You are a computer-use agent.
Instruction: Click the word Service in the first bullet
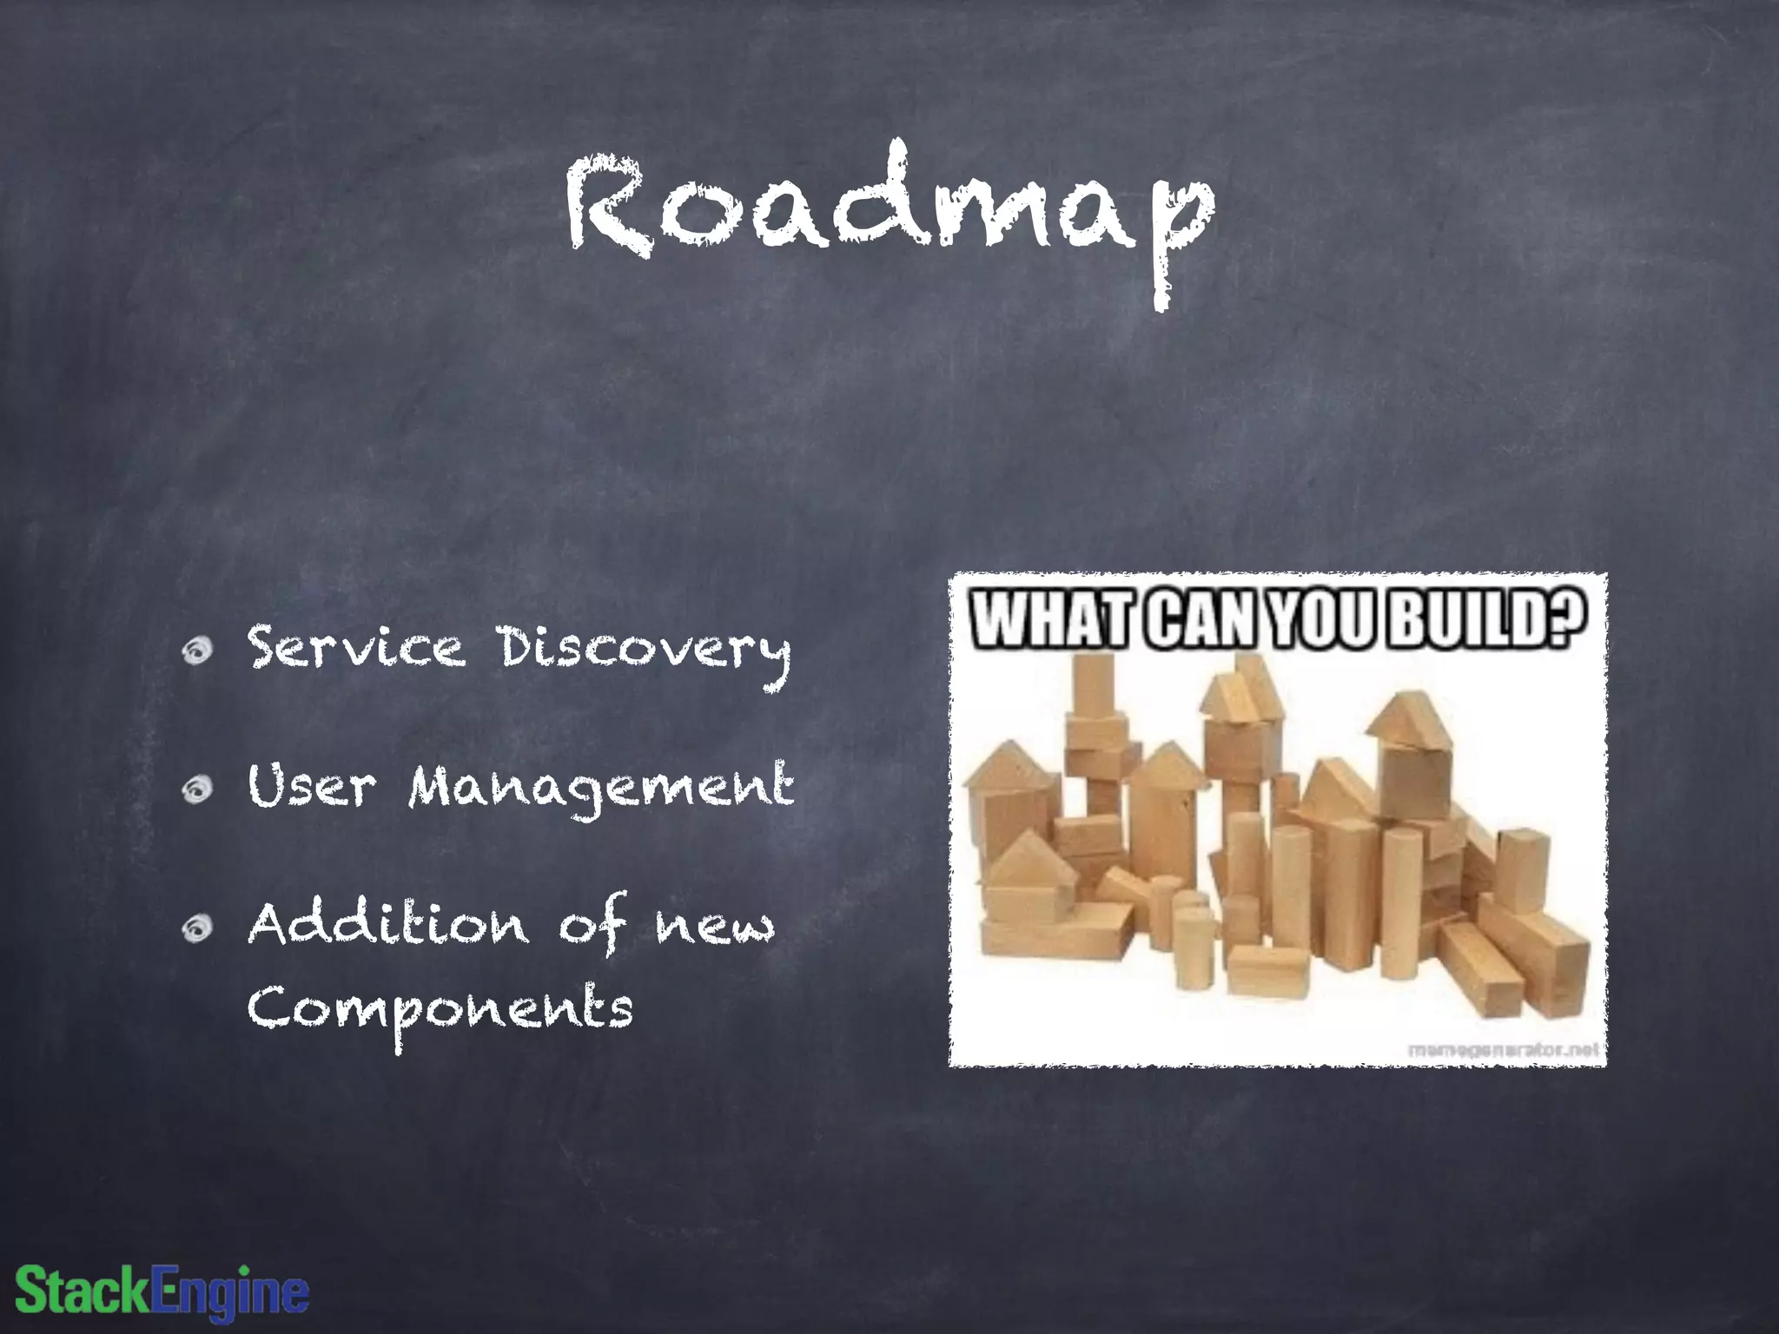click(x=356, y=649)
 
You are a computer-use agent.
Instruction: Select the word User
click(x=312, y=786)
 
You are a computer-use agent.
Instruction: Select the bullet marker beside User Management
click(x=199, y=789)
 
